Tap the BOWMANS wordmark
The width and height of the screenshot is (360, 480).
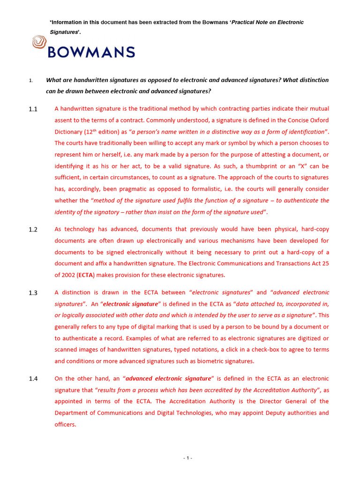[91, 52]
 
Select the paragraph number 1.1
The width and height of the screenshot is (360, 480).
[32, 109]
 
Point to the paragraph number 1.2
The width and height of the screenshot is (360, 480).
[32, 230]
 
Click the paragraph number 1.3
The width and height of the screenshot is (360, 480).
[32, 293]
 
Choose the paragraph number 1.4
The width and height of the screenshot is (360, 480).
[32, 379]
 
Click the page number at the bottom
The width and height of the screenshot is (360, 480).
[187, 458]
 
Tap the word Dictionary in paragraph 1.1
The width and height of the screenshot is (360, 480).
[69, 132]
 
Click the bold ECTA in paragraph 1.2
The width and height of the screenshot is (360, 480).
[72, 275]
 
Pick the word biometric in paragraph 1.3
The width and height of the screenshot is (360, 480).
[209, 361]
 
